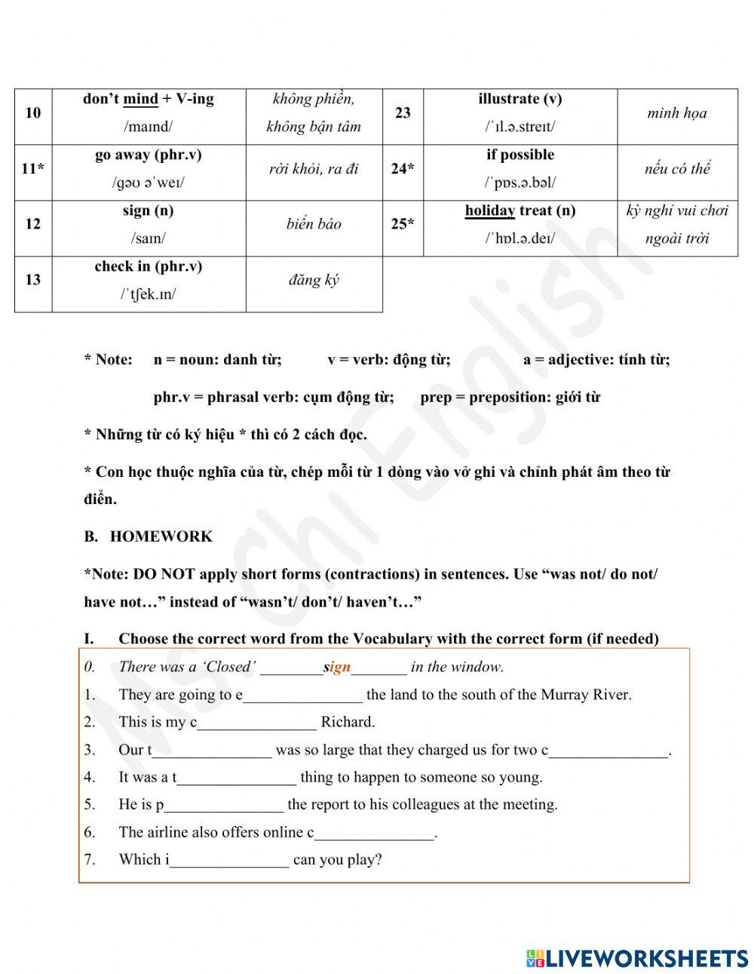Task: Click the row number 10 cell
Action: (33, 113)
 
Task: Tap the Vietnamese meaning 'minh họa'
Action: (676, 113)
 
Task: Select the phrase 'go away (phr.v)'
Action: (148, 155)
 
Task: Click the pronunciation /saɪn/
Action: (148, 238)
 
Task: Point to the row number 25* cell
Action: (403, 224)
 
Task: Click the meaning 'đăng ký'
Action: (314, 280)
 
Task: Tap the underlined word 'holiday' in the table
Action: (489, 210)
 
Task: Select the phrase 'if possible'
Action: (520, 155)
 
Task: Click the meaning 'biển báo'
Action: (314, 224)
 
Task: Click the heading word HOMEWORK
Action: (161, 536)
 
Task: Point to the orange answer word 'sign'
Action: (337, 667)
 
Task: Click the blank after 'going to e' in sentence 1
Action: (302, 695)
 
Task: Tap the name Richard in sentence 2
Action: (347, 722)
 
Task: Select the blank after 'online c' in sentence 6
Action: (375, 833)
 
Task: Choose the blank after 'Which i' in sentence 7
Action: (229, 860)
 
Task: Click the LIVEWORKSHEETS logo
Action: (637, 958)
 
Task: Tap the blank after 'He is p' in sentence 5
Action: (223, 805)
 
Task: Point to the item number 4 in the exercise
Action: (90, 777)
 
